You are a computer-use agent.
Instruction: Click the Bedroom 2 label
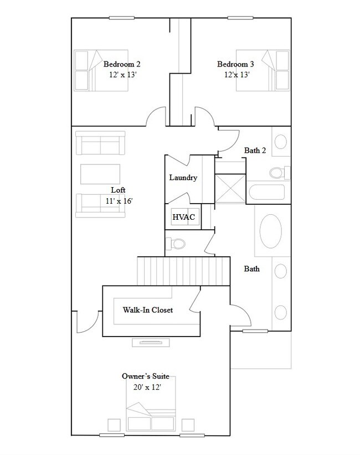click(x=121, y=64)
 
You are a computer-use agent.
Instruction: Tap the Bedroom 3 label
click(x=235, y=64)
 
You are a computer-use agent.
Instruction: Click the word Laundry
click(x=183, y=178)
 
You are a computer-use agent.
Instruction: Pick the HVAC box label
click(x=183, y=217)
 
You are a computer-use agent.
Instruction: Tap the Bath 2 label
click(x=255, y=150)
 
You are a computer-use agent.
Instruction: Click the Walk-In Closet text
click(x=147, y=310)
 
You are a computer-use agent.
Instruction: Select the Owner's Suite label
click(x=145, y=376)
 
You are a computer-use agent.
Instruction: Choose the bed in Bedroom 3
click(x=276, y=70)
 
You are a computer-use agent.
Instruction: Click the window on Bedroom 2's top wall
click(x=122, y=18)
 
